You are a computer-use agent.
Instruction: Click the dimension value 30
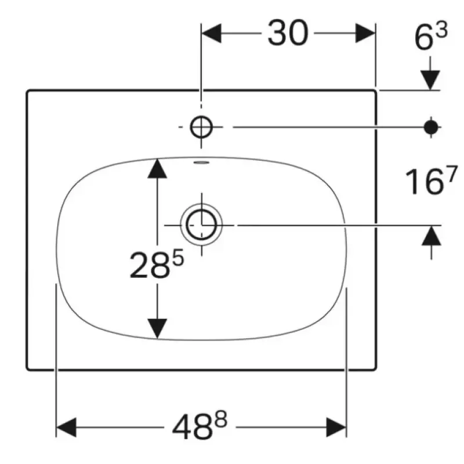coord(288,33)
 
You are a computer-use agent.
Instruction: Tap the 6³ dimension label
coord(431,36)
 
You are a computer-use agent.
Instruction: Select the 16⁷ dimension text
coord(431,180)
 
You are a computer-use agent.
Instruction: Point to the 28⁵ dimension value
coord(157,264)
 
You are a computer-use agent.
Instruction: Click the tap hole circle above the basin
coord(201,127)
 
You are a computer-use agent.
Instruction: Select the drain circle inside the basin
coord(201,225)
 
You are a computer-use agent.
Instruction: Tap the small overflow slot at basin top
coord(201,162)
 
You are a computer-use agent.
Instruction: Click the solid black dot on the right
coord(431,127)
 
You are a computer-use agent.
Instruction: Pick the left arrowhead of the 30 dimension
coord(211,33)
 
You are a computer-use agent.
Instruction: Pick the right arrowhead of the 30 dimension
coord(365,33)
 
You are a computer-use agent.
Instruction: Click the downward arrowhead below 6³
coord(430,80)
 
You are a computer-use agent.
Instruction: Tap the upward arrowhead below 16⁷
coord(431,235)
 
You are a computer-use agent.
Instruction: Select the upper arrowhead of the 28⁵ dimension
coord(157,168)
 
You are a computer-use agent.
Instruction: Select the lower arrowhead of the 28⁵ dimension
coord(157,328)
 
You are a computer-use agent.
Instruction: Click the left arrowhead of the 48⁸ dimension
coord(66,427)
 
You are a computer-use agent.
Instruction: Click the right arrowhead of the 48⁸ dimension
coord(336,427)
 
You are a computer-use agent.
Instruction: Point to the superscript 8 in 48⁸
coord(222,419)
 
